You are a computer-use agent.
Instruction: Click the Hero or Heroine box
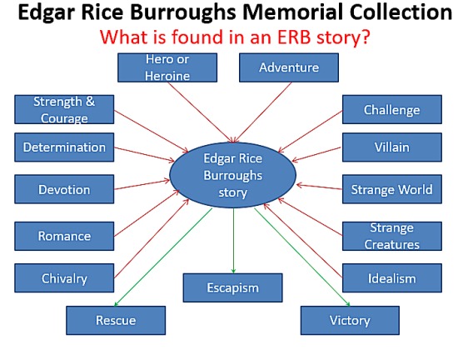(x=167, y=67)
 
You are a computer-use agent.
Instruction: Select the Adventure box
(x=289, y=67)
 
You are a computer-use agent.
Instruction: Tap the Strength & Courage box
(x=64, y=109)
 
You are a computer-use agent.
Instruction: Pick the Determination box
(x=64, y=147)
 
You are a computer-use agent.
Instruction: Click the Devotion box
(x=64, y=189)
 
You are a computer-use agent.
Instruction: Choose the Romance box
(x=64, y=236)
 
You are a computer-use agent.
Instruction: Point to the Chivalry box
(x=64, y=278)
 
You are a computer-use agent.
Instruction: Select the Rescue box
(x=116, y=320)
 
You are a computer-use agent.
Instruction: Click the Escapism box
(x=232, y=287)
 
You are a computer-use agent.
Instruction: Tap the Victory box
(x=350, y=320)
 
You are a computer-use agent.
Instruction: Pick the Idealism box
(x=392, y=278)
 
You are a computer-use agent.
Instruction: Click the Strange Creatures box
(x=392, y=236)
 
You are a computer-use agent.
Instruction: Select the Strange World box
(x=392, y=189)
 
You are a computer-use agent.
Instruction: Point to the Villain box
(x=392, y=147)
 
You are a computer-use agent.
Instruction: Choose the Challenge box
(x=392, y=109)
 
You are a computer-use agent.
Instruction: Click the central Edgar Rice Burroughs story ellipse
(x=232, y=175)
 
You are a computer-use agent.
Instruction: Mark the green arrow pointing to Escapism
(x=233, y=241)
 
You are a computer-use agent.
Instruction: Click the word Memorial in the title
(x=294, y=12)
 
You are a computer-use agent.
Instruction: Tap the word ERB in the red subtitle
(x=294, y=37)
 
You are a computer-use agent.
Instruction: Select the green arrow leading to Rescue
(x=163, y=257)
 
